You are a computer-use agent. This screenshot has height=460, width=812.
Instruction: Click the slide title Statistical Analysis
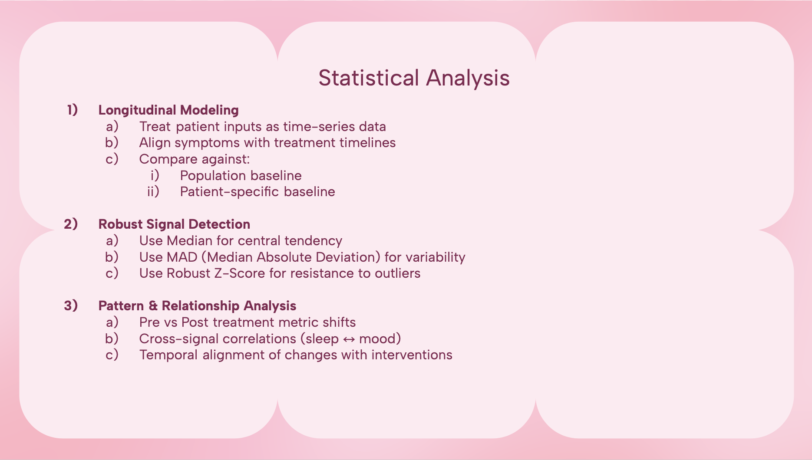click(x=414, y=78)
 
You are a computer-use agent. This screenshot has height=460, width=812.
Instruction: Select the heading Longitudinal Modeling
click(x=168, y=110)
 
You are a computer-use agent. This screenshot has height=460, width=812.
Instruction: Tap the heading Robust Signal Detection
click(x=174, y=224)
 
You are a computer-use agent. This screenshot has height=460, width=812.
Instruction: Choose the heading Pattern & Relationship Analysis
click(x=197, y=306)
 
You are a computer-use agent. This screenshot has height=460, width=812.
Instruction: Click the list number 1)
click(x=72, y=110)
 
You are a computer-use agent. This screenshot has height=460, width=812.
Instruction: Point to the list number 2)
click(x=71, y=224)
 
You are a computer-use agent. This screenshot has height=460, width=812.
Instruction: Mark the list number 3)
click(x=71, y=306)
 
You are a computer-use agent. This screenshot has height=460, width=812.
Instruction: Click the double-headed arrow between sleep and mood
click(x=349, y=339)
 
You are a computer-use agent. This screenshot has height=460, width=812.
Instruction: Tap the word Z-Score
click(x=240, y=273)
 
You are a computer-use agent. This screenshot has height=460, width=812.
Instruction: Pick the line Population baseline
click(x=241, y=176)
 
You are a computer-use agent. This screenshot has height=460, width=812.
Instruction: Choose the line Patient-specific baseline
click(x=257, y=192)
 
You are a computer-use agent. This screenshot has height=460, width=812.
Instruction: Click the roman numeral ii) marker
click(x=153, y=192)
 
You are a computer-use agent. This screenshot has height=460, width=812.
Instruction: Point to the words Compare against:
click(x=195, y=159)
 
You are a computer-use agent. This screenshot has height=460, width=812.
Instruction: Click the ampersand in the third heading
click(x=153, y=306)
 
